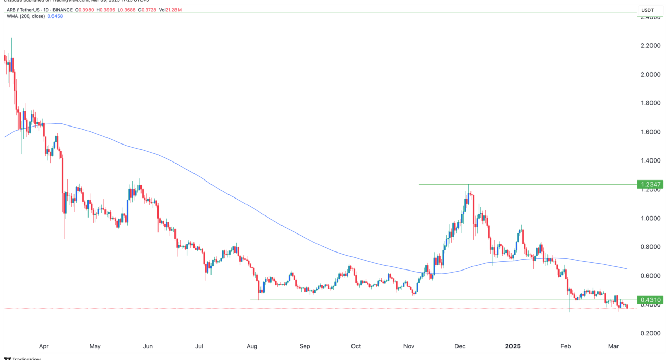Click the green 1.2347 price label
(649, 184)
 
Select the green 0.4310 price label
(649, 300)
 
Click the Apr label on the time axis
(44, 346)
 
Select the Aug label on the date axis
(252, 346)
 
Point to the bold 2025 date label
(514, 346)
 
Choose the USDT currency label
(647, 10)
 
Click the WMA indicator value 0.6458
(55, 16)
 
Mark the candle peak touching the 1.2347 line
(468, 185)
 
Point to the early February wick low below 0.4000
(569, 311)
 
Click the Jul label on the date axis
(200, 346)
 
